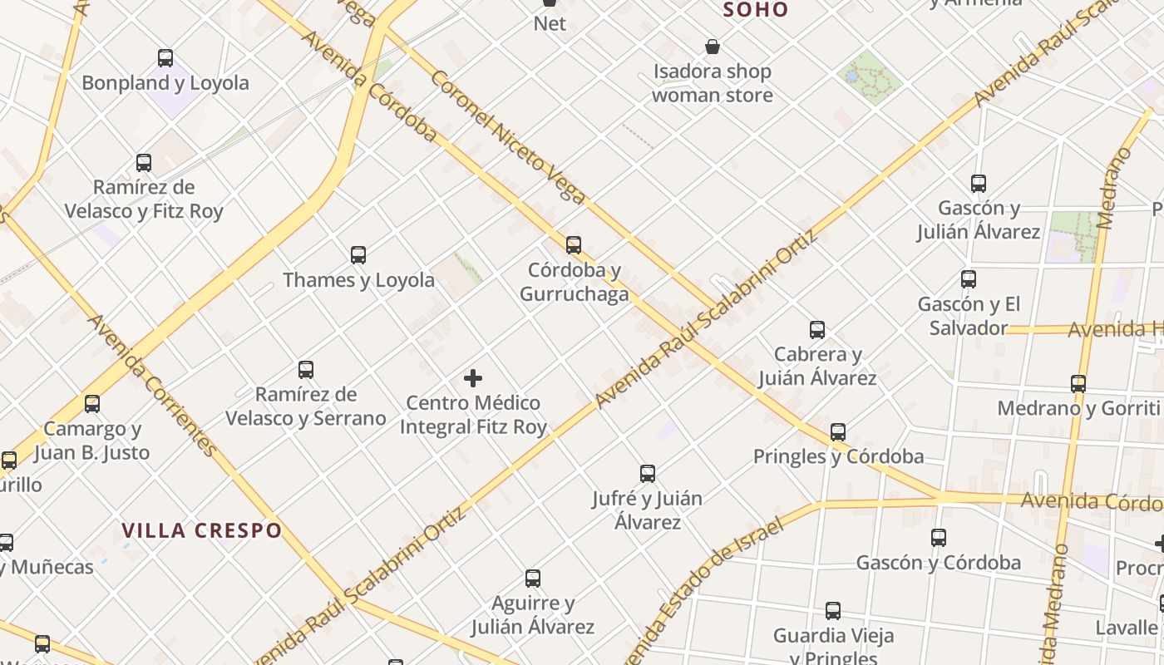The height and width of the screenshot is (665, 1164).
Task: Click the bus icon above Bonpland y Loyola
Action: [x=165, y=58]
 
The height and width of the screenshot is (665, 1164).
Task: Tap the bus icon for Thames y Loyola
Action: [x=358, y=255]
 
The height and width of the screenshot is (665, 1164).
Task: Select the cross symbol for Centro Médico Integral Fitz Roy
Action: [x=473, y=379]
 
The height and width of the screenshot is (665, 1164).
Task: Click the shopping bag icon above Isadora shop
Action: [x=713, y=47]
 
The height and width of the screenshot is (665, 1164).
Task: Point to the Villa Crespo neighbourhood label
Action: [x=202, y=530]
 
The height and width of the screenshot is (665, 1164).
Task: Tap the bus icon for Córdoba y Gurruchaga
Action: [x=574, y=245]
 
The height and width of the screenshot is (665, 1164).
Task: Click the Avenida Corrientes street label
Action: [x=153, y=385]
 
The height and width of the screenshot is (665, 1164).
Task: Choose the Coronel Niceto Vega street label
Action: [x=509, y=137]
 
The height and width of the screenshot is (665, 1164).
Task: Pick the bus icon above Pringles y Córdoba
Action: [x=838, y=432]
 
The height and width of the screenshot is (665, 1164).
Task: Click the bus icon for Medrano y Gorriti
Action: [x=1078, y=384]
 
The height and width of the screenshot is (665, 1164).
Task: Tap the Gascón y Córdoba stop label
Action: [x=939, y=563]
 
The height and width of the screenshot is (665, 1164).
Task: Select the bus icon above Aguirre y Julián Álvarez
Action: [x=533, y=579]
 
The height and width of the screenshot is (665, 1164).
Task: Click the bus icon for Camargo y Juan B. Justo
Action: [x=92, y=405]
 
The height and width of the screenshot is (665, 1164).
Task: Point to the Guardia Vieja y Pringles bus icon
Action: [x=833, y=611]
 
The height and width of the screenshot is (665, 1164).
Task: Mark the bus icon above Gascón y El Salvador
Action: [x=969, y=279]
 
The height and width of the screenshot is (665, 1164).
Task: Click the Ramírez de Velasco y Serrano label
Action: [x=306, y=406]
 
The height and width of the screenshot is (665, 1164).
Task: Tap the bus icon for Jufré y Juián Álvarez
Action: [x=648, y=474]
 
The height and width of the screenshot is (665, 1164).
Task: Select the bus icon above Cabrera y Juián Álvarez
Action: [x=817, y=330]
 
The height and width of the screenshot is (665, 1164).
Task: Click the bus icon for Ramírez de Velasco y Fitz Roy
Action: [x=144, y=163]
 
